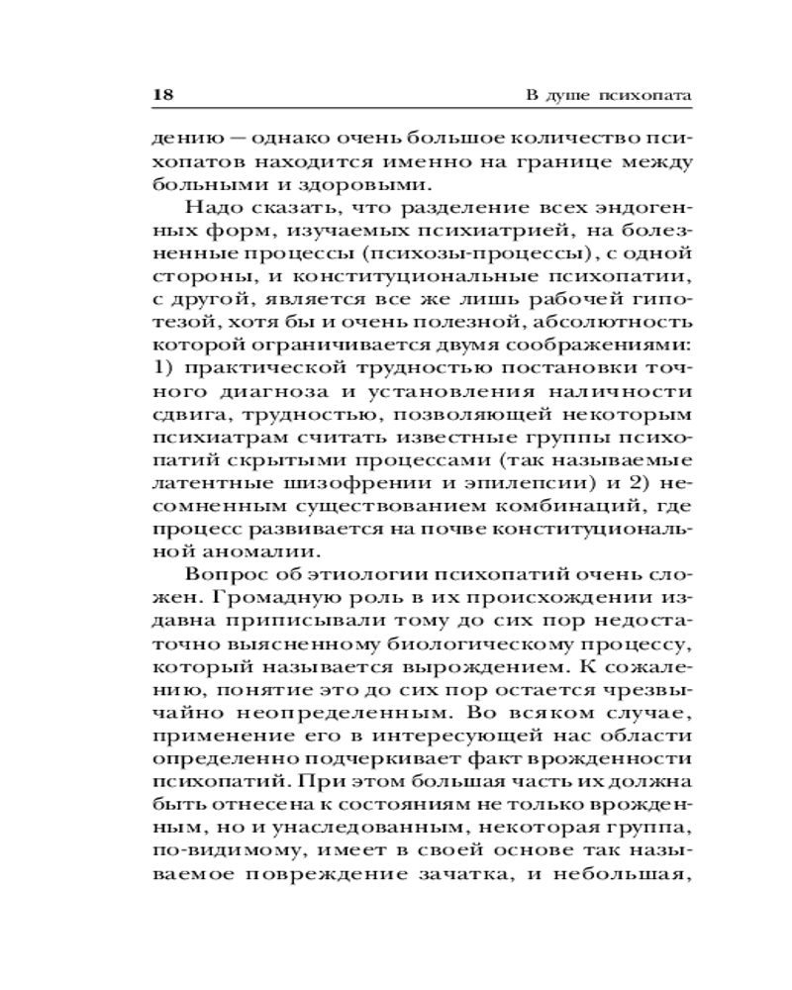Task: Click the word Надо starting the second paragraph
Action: (207, 212)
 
